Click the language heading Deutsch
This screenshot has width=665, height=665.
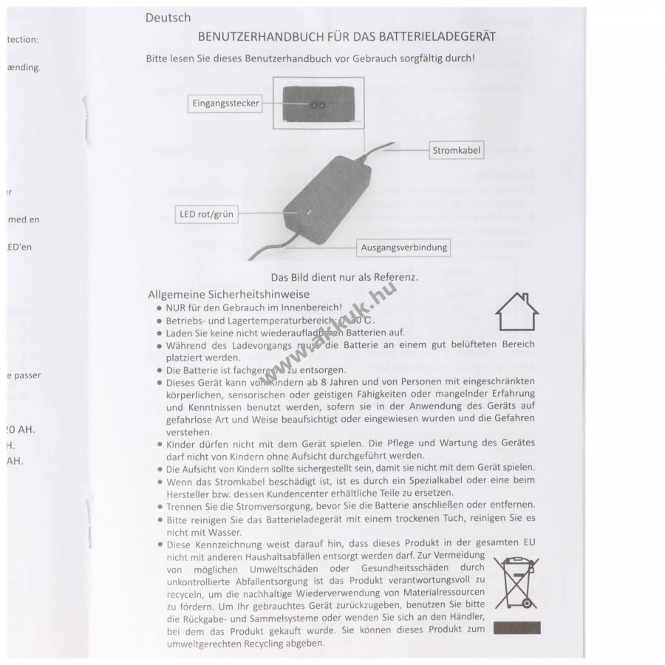tap(168, 18)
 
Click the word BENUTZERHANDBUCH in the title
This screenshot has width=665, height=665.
tap(258, 35)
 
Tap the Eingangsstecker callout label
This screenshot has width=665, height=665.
tap(226, 104)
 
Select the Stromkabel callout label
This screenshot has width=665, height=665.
tap(456, 151)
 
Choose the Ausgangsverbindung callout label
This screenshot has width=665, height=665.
tap(404, 248)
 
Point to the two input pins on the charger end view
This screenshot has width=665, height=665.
tap(317, 106)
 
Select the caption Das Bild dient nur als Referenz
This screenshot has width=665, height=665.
tap(344, 277)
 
